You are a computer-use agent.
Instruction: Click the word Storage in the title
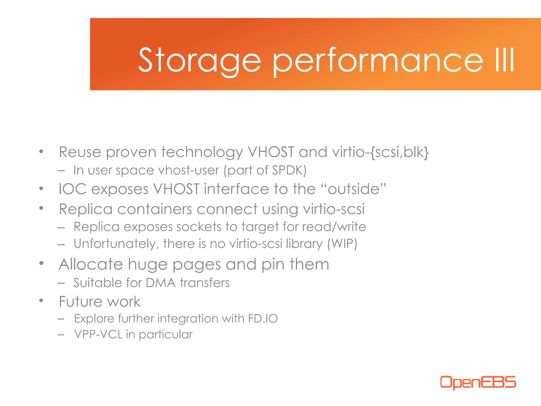[x=199, y=60]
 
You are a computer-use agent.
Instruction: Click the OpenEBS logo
[x=478, y=382]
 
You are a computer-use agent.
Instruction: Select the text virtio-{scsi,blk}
[x=380, y=152]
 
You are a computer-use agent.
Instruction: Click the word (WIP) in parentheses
[x=342, y=244]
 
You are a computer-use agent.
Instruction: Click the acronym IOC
[x=72, y=189]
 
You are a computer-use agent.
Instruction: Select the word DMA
[x=161, y=283]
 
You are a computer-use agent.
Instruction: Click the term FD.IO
[x=263, y=319]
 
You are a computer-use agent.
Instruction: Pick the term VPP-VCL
[x=98, y=334]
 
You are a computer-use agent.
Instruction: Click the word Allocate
[x=91, y=264]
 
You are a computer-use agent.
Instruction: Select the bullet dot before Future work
[x=41, y=301]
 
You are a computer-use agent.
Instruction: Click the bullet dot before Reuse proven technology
[x=41, y=151]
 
